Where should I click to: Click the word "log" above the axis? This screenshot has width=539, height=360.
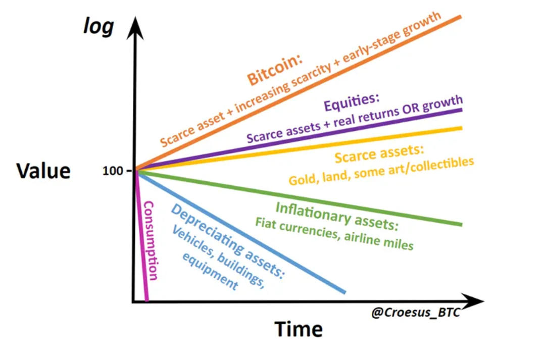[x=99, y=27]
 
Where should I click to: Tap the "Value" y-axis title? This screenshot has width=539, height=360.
[x=43, y=171]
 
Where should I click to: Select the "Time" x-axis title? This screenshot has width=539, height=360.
[x=299, y=329]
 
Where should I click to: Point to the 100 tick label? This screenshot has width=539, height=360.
[x=113, y=171]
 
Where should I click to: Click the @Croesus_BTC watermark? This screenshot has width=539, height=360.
[x=416, y=312]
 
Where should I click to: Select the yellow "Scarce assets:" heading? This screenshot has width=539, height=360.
[x=379, y=153]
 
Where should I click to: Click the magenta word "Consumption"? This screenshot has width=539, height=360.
[x=150, y=241]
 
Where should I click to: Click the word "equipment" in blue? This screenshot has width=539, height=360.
[x=210, y=271]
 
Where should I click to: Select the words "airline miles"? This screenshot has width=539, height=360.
[x=378, y=240]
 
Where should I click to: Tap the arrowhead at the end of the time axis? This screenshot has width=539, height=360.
[x=474, y=301]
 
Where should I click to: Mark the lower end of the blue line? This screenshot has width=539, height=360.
[x=345, y=292]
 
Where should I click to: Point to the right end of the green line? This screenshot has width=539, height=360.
[x=462, y=225]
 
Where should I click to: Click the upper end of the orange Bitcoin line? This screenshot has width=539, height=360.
[x=461, y=17]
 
